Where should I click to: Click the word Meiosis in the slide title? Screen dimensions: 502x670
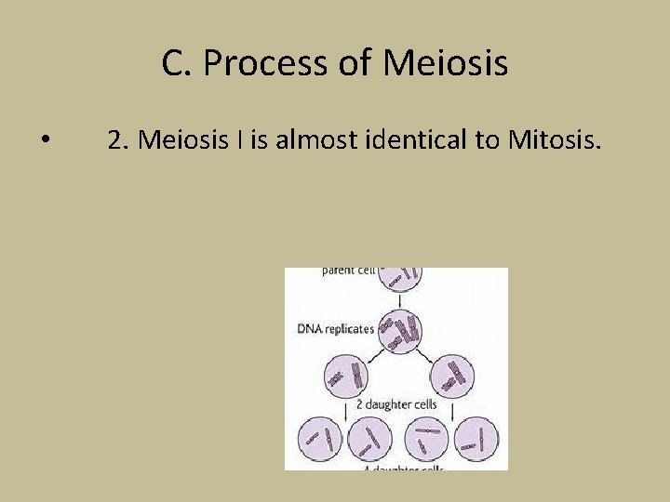coord(445,63)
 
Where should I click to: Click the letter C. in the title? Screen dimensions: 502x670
coord(177,63)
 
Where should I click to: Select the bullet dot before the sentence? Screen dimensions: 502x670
coord(46,140)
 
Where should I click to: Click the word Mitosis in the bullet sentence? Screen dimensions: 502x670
coord(555,140)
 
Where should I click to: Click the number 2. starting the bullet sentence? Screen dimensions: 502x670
coord(118,140)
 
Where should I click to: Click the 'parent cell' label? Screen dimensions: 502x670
coord(348,271)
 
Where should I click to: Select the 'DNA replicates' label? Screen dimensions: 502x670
coord(335,328)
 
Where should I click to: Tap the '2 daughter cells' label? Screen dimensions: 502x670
coord(398,406)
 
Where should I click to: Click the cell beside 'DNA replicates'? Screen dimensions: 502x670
coord(399,330)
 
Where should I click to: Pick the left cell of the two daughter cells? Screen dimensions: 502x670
coord(345,376)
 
